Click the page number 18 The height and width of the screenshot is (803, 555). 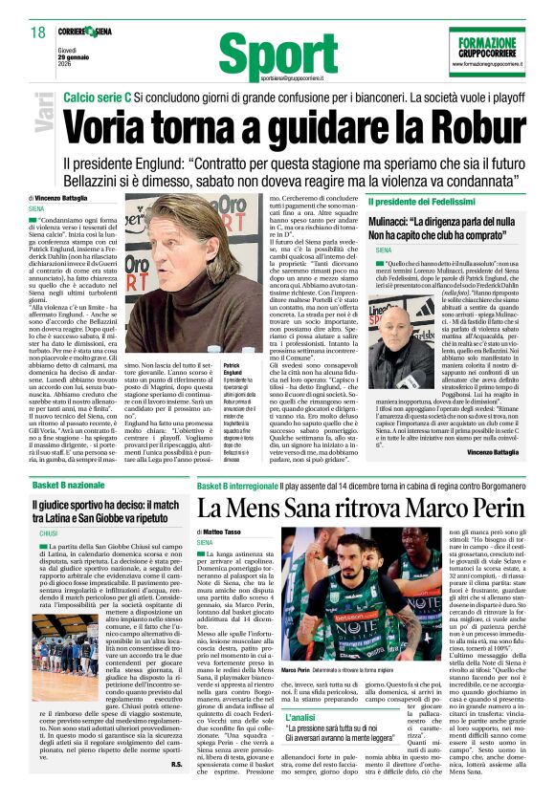[x=38, y=33]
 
